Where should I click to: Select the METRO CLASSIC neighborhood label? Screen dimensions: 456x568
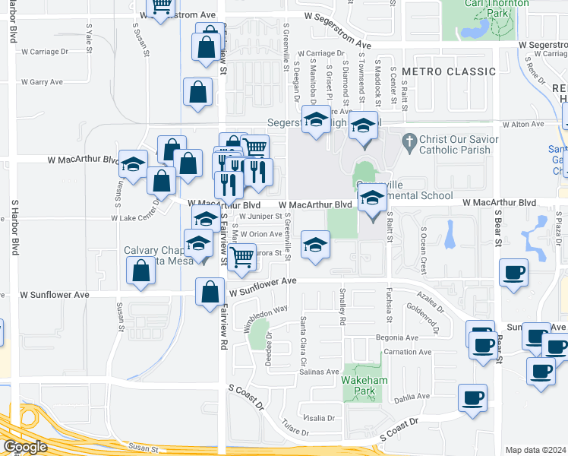pos(449,71)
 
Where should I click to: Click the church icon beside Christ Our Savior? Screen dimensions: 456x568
pos(410,141)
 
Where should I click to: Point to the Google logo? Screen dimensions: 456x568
pos(25,447)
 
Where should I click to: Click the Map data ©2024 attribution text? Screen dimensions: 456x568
pos(535,450)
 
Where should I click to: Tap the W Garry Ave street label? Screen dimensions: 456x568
pos(45,81)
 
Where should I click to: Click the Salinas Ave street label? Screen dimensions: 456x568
pos(318,372)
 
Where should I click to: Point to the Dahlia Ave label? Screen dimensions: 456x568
pos(412,396)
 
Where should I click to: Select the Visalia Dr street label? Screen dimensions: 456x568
pos(319,418)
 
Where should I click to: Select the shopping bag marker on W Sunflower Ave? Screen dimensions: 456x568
pos(210,292)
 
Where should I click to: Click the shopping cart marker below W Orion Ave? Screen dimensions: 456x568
pos(241,257)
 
